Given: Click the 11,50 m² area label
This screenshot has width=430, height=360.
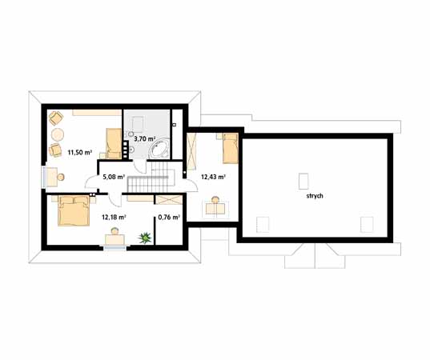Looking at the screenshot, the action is [79, 152].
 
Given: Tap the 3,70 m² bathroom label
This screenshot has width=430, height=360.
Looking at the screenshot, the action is [145, 139].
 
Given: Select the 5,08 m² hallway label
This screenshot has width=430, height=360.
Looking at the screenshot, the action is [114, 177].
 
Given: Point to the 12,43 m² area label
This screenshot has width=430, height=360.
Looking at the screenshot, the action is [213, 177].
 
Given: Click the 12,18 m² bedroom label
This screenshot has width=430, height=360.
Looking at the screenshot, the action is [114, 218].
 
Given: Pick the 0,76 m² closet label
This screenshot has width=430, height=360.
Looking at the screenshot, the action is [169, 218].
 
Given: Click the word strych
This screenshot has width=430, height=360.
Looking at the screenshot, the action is [315, 196].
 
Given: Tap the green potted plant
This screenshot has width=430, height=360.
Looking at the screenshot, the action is [145, 238].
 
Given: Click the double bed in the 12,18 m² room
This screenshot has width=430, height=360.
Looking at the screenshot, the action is [74, 210].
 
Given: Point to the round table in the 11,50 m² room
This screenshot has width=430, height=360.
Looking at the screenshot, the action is [58, 134].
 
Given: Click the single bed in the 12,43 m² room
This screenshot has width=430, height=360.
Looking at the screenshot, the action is [230, 148].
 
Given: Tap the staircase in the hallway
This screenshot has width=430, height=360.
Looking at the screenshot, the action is [151, 177].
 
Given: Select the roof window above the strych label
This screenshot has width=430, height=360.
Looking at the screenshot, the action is [303, 181].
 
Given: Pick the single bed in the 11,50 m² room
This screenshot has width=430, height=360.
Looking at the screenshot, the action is [114, 143].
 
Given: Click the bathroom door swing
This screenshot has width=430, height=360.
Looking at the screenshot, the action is [140, 166].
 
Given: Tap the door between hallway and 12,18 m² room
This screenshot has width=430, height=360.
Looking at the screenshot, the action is [115, 200].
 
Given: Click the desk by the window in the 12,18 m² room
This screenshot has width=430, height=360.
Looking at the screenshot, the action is [115, 239].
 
